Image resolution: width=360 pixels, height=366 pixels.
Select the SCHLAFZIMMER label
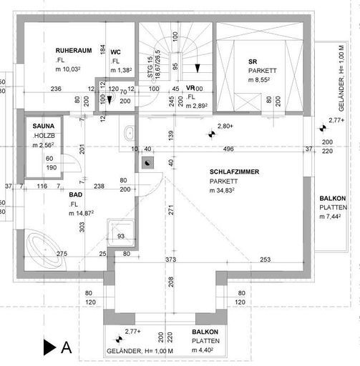click(x=234, y=172)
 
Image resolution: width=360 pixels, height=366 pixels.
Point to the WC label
click(x=115, y=51)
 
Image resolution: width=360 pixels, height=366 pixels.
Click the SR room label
click(x=253, y=62)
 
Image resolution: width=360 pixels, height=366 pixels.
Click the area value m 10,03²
click(x=72, y=70)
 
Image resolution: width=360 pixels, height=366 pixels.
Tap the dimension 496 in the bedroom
click(x=228, y=149)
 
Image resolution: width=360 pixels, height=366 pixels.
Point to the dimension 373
click(x=170, y=259)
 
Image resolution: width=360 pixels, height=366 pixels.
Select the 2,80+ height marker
click(x=225, y=127)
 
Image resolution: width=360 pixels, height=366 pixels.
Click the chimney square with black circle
click(x=147, y=162)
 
